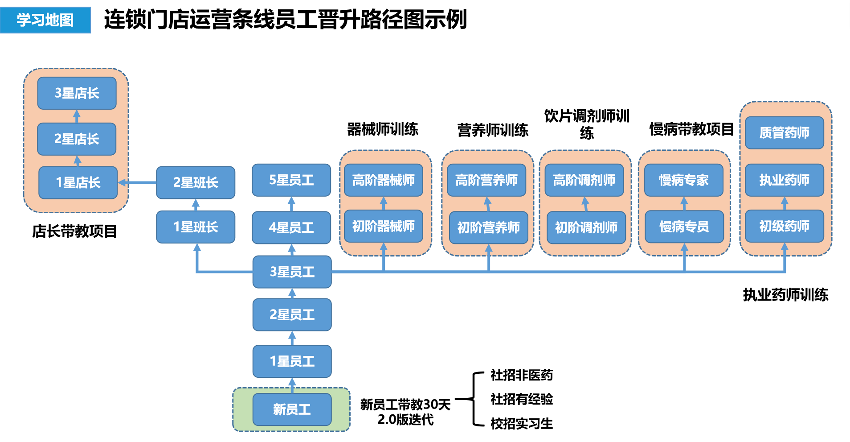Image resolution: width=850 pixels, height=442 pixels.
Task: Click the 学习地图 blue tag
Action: (45, 20)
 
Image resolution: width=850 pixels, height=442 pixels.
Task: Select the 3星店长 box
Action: (77, 93)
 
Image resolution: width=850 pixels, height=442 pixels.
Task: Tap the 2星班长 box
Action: (196, 182)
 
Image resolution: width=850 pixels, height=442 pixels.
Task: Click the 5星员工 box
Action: (291, 180)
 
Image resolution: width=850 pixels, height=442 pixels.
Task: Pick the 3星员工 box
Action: (292, 272)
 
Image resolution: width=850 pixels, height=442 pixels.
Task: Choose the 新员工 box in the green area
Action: (292, 409)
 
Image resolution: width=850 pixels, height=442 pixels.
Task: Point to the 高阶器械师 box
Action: (384, 180)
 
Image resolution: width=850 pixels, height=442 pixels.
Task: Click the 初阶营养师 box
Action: (489, 227)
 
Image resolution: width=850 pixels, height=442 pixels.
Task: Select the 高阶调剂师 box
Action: (584, 180)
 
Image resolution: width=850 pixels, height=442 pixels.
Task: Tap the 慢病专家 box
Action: (684, 180)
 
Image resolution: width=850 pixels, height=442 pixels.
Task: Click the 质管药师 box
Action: (785, 132)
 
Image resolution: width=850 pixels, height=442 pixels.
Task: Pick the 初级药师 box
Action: (785, 226)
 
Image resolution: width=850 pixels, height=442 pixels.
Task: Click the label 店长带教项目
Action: (74, 231)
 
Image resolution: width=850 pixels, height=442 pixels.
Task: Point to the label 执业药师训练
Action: (785, 294)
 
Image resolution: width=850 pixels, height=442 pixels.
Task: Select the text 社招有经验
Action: (522, 399)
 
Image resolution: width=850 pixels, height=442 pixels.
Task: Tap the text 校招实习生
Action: (522, 423)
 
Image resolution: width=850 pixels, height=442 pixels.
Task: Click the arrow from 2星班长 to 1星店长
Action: (137, 182)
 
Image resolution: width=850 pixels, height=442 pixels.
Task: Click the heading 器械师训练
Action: (383, 129)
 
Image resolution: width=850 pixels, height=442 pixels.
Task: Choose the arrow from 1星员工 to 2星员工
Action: (292, 338)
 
